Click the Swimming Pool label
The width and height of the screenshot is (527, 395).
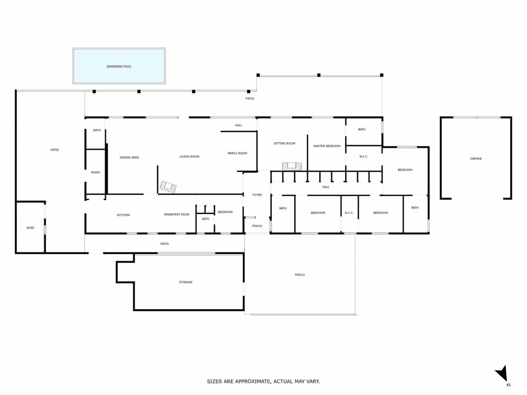[119, 66]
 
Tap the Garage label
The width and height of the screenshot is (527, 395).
[476, 159]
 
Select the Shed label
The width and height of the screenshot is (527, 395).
[30, 228]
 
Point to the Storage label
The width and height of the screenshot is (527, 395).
[185, 282]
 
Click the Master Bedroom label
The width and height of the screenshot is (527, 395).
[327, 146]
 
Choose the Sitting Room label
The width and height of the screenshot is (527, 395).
[284, 144]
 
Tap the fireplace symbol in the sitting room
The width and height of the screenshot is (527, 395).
[292, 166]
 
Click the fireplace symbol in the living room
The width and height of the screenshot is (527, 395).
[168, 187]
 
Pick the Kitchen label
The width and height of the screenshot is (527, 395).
[123, 215]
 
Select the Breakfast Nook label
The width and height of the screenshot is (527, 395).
[177, 215]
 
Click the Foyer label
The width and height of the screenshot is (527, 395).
[257, 195]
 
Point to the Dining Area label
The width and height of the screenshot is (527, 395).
[129, 158]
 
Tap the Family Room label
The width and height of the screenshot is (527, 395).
[237, 153]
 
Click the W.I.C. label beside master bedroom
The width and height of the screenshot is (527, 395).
[364, 157]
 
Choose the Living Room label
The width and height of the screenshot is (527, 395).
[189, 157]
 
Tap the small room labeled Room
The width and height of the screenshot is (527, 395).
[95, 172]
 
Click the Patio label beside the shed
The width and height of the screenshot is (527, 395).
[55, 150]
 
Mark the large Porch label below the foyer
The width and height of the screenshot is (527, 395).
[300, 275]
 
